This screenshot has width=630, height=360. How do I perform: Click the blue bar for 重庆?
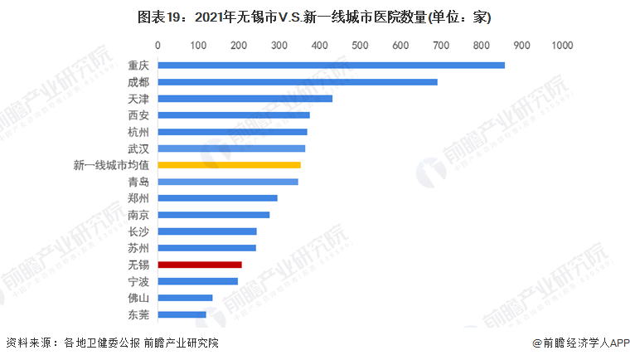pos(331,65)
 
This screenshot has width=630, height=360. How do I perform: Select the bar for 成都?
pos(297,81)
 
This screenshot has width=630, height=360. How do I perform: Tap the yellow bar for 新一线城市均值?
pos(229,165)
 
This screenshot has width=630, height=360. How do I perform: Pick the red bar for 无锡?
pos(200,265)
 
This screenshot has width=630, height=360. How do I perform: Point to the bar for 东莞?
pos(182,314)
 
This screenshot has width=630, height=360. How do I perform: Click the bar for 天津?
pos(245,99)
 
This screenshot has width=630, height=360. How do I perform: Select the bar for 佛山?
pos(185,298)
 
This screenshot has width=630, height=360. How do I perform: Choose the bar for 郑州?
pos(217,198)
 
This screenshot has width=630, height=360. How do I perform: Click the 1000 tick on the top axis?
pos(562,44)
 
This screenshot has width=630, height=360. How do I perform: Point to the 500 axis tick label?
pos(360,44)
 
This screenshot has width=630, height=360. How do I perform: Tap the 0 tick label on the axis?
pos(157,44)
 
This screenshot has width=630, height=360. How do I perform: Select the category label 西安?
pos(138,115)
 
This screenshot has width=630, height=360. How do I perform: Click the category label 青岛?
pos(138,182)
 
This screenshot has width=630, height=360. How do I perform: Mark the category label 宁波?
pos(138,281)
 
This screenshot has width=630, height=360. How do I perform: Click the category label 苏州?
pos(138,248)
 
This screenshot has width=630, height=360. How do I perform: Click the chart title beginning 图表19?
pos(314,17)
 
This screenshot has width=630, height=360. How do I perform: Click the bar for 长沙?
pos(206,231)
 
